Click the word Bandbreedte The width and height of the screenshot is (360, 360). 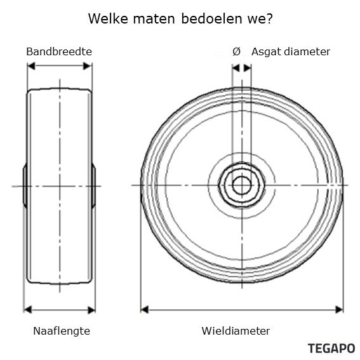pyautogui.click(x=59, y=51)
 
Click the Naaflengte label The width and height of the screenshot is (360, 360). pyautogui.click(x=62, y=331)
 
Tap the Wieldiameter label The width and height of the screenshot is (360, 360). pyautogui.click(x=236, y=331)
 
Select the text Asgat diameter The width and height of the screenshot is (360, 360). pyautogui.click(x=291, y=52)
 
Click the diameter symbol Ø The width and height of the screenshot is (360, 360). pyautogui.click(x=236, y=51)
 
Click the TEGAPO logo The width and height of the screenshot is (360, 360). pyautogui.click(x=331, y=349)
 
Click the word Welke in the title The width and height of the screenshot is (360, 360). pyautogui.click(x=108, y=18)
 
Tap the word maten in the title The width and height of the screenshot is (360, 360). pyautogui.click(x=154, y=19)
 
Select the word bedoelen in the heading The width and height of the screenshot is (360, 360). pyautogui.click(x=211, y=18)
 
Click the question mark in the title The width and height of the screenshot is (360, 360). pyautogui.click(x=270, y=18)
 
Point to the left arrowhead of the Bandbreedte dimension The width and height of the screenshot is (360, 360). pyautogui.click(x=31, y=66)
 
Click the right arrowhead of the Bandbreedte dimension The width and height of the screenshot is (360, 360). pyautogui.click(x=87, y=66)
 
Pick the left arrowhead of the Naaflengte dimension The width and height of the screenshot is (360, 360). pyautogui.click(x=27, y=310)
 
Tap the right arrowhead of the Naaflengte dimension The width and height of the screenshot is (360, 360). pyautogui.click(x=91, y=310)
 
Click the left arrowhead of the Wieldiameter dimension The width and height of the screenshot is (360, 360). pyautogui.click(x=145, y=310)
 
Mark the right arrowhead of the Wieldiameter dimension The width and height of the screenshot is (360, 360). pyautogui.click(x=339, y=310)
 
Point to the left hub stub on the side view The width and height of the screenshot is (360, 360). pyautogui.click(x=25, y=186)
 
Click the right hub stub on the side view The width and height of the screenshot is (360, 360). pyautogui.click(x=93, y=186)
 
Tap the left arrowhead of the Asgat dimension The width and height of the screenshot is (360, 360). pyautogui.click(x=236, y=68)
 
